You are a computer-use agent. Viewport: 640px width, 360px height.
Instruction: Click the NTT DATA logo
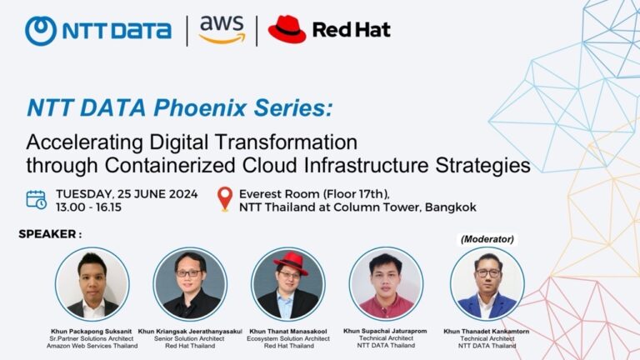click(97, 31)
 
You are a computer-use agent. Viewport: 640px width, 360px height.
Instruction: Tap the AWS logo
click(222, 30)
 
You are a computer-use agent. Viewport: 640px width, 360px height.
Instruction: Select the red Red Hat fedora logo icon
click(287, 29)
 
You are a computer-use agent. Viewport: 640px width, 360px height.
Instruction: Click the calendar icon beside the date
click(36, 199)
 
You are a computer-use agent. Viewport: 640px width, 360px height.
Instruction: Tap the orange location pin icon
click(223, 199)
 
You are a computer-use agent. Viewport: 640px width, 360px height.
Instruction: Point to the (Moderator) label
click(487, 239)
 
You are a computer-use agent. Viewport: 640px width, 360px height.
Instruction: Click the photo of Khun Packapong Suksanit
click(92, 284)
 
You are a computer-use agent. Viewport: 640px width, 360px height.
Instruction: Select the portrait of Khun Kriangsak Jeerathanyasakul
click(190, 284)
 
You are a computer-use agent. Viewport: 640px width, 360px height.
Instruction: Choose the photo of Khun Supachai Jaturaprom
click(386, 284)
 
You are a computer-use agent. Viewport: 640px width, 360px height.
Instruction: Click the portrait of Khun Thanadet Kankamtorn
click(487, 284)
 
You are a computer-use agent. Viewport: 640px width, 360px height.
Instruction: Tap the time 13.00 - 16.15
click(87, 207)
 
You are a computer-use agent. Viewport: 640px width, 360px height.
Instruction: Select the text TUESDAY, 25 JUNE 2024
click(127, 193)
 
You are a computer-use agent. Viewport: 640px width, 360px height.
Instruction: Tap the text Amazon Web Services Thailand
click(92, 346)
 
